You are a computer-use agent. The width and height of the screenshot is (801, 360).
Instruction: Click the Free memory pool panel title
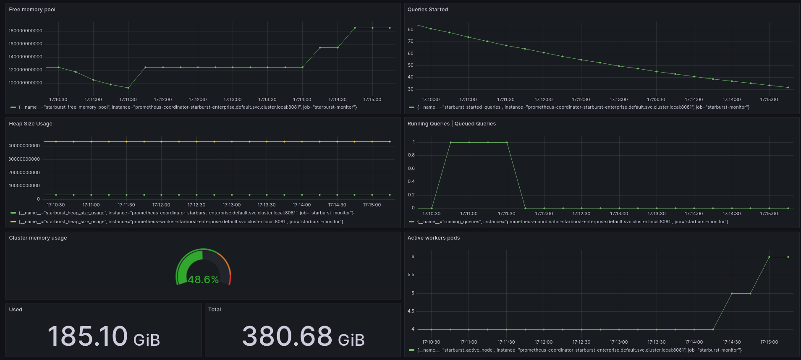coord(32,10)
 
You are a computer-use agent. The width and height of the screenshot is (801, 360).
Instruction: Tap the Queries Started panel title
coord(427,10)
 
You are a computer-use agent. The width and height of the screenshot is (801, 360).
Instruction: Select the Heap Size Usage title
coord(31,124)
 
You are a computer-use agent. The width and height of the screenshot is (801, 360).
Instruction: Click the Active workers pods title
coord(433,238)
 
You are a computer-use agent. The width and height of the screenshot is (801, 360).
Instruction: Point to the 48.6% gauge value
coord(203,279)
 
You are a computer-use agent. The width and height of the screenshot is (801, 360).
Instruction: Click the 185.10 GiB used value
coord(104,337)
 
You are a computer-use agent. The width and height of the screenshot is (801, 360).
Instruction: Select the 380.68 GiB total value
coord(303,337)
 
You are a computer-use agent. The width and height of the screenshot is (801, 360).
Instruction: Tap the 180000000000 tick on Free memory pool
coord(26,31)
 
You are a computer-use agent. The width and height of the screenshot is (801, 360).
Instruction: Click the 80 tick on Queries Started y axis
coord(411,30)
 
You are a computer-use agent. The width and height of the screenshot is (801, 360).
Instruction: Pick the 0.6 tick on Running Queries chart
coord(411,169)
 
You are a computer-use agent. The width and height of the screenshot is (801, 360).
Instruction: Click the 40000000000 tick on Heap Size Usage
coord(24,146)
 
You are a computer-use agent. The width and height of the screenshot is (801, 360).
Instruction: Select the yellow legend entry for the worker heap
coord(181,222)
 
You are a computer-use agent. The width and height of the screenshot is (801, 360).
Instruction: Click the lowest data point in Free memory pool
coord(128,88)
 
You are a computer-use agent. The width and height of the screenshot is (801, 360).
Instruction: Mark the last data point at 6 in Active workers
coord(788,257)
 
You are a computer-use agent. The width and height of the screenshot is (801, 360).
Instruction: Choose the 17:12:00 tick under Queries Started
coord(544,100)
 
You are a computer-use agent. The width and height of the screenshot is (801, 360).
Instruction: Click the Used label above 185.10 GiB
coord(16,310)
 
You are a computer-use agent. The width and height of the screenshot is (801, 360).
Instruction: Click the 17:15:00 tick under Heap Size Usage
coord(372,205)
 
